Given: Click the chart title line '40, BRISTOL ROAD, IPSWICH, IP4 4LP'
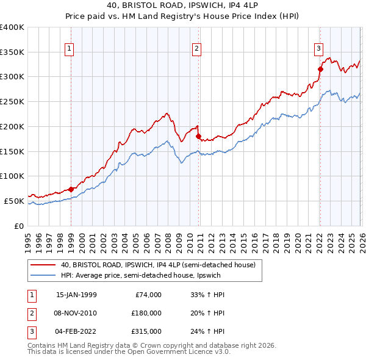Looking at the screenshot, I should point(182,7).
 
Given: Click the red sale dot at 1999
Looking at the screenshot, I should point(71,189).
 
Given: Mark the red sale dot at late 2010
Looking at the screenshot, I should point(198,136).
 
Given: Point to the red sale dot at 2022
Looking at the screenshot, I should point(320,69).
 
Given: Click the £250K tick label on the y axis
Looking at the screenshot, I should point(12,101).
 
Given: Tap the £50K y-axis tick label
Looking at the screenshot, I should point(14,201).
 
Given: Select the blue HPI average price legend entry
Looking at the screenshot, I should point(152,275).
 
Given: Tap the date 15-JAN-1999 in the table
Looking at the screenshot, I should point(76,295).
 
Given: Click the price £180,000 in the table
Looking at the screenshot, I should point(146,313).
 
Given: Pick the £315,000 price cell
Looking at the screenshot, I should point(146,331).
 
